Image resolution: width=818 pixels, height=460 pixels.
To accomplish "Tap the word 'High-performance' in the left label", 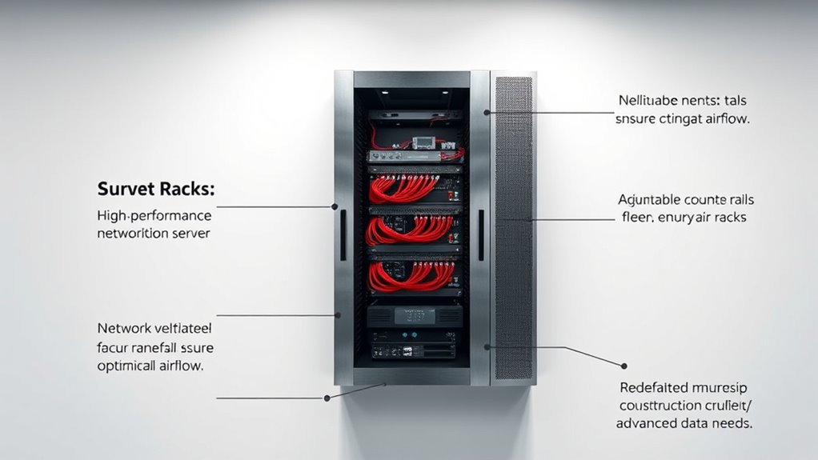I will (154, 216).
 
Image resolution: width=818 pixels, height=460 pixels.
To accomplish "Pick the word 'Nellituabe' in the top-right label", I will (651, 101).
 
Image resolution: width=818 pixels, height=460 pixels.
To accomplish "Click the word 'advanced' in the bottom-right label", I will (644, 423).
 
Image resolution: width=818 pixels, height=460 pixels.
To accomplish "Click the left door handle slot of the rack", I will (342, 235).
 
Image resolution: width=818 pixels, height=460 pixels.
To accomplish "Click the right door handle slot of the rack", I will (480, 235).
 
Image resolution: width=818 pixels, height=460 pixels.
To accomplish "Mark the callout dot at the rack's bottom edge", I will (327, 398).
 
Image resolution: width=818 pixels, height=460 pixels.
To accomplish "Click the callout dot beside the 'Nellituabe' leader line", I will (486, 113).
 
